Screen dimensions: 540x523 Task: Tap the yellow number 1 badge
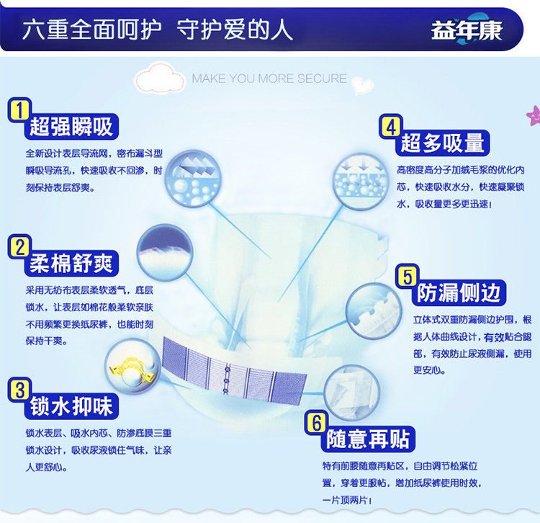click(19, 111)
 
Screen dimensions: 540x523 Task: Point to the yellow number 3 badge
click(19, 390)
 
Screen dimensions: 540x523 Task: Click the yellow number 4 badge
click(390, 127)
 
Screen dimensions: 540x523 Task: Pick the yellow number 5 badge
click(408, 277)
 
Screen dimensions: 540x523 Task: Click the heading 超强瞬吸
click(71, 127)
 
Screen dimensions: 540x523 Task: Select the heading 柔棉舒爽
click(71, 264)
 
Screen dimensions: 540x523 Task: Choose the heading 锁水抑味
click(71, 406)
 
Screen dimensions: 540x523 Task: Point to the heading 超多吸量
click(443, 143)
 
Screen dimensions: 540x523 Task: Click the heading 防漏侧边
click(461, 292)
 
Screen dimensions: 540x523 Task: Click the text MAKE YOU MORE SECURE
click(269, 79)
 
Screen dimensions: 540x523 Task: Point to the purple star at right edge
click(534, 114)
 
